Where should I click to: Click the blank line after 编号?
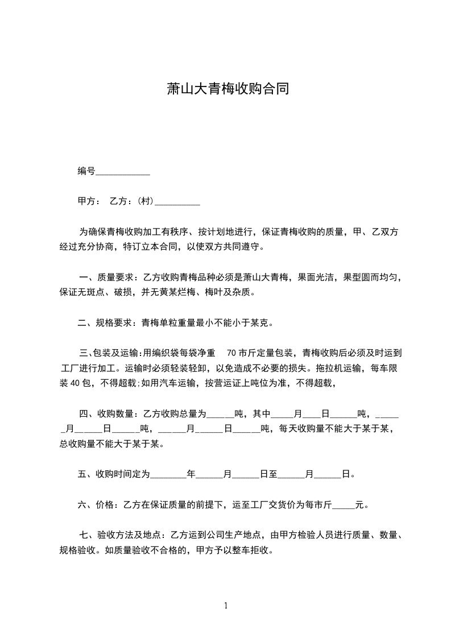point(123,172)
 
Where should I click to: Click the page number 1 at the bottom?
point(226,606)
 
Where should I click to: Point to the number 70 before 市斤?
point(231,353)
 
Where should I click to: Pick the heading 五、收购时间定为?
point(113,474)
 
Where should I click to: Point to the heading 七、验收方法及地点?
point(121,535)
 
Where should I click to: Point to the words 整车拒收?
point(257,550)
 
